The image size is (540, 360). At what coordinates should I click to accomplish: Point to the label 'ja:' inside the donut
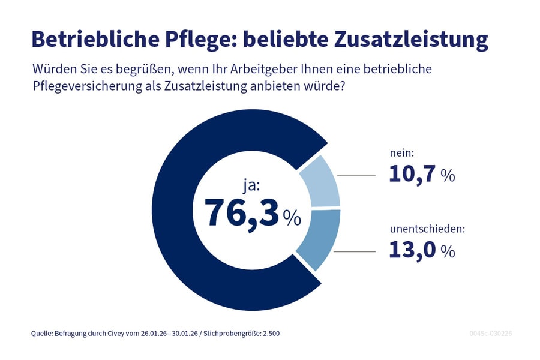click(x=251, y=185)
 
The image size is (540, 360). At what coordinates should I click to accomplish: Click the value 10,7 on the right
click(x=412, y=174)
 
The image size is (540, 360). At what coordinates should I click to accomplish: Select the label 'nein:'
click(x=401, y=155)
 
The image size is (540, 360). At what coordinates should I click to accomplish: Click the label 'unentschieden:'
click(x=427, y=229)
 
